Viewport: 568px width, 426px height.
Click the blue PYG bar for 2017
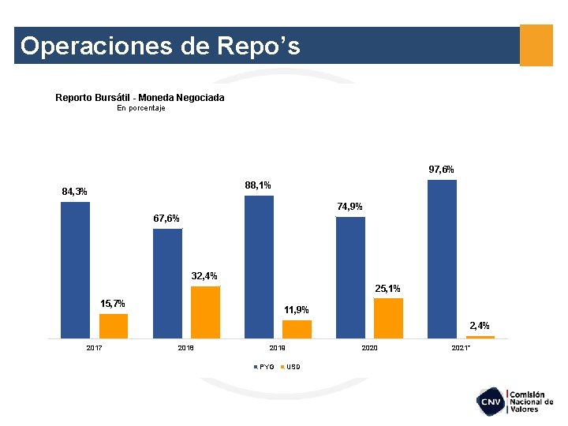click(x=75, y=270)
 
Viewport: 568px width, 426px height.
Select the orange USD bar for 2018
click(x=205, y=312)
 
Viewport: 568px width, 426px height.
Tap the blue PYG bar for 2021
click(x=442, y=259)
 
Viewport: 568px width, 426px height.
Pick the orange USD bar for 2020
click(x=388, y=318)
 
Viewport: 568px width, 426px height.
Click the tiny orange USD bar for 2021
click(x=480, y=337)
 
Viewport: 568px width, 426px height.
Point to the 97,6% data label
click(x=441, y=170)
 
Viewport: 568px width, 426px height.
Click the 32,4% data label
click(x=204, y=276)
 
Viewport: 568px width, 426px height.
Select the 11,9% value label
click(x=297, y=309)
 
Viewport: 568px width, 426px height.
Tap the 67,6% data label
click(x=166, y=219)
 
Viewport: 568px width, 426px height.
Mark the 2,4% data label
click(x=480, y=325)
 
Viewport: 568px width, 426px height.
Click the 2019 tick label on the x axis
click(x=278, y=348)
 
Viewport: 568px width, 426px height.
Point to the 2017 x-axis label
click(x=94, y=348)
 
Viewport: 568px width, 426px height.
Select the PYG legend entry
click(x=264, y=367)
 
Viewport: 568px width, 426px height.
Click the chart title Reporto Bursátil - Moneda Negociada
click(x=140, y=98)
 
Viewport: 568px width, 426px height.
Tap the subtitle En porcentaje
click(x=140, y=108)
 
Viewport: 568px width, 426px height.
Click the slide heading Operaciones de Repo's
click(x=160, y=46)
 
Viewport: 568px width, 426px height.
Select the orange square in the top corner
click(x=536, y=45)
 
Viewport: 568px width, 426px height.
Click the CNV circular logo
click(x=491, y=402)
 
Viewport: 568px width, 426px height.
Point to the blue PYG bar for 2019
click(x=259, y=267)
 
